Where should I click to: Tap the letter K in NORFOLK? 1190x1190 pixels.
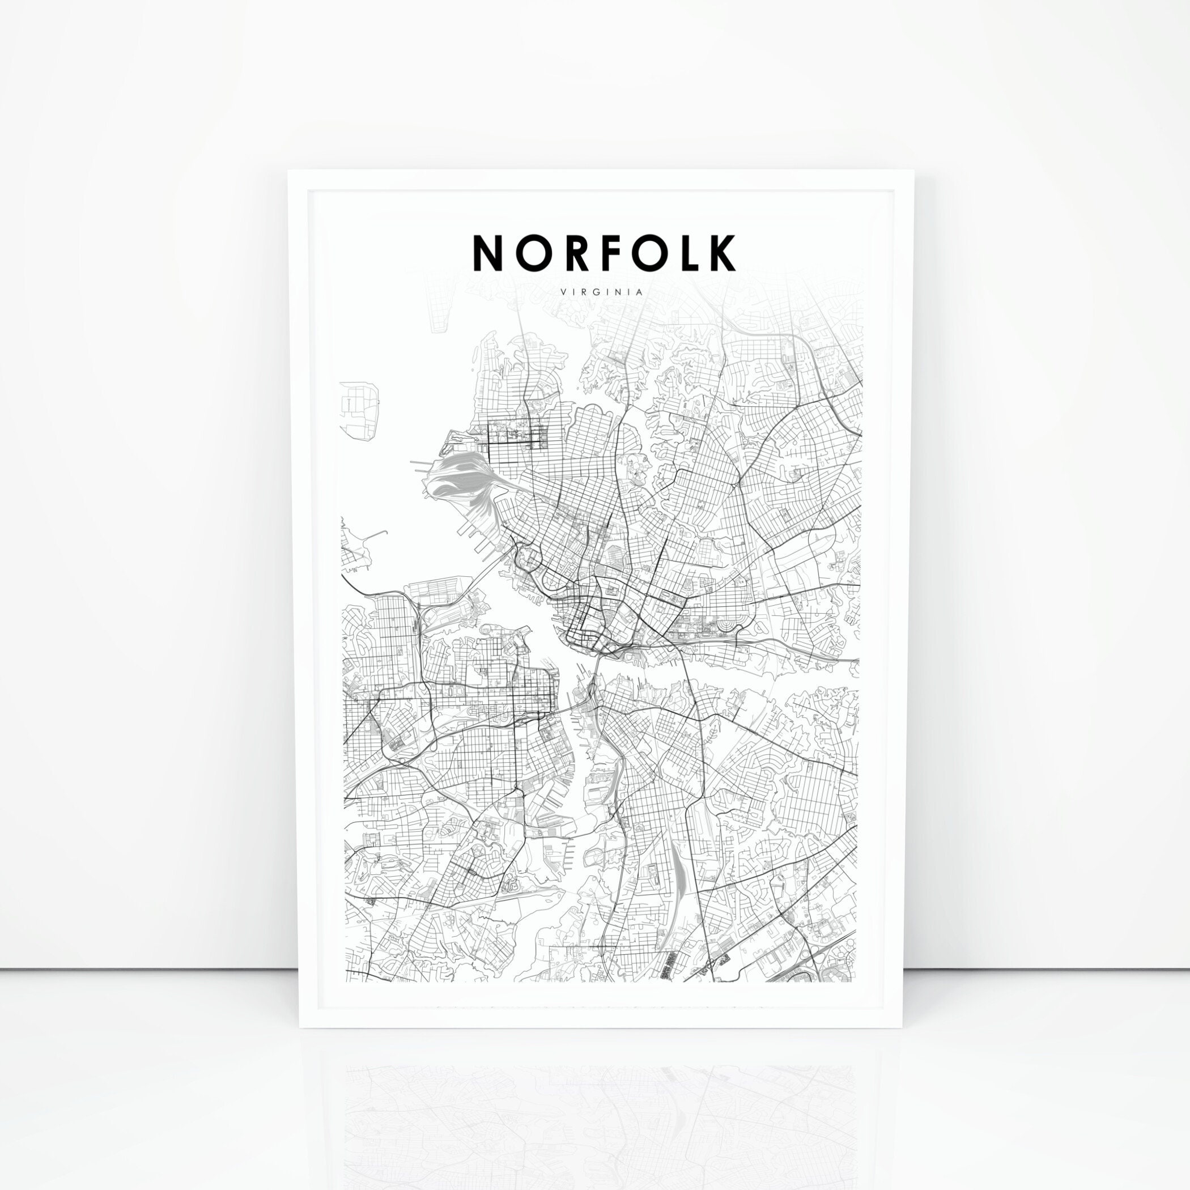[x=721, y=253]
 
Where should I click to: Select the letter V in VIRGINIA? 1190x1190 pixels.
[x=564, y=292]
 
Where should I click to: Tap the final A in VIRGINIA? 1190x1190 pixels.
[x=641, y=292]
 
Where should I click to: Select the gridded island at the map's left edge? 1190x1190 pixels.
[x=359, y=409]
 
